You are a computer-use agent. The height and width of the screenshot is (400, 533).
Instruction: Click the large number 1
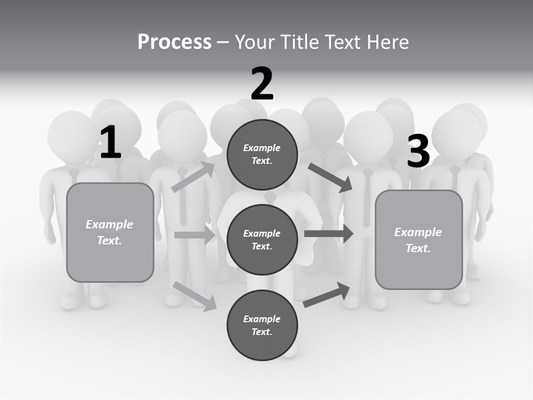point(110,142)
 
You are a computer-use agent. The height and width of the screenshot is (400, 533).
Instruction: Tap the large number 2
point(262,84)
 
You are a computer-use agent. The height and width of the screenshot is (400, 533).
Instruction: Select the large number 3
point(418,151)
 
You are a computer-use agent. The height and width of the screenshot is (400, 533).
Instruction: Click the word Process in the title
point(174,42)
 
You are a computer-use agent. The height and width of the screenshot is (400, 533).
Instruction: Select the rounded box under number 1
point(110,232)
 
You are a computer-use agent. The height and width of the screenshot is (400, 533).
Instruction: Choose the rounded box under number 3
point(419,239)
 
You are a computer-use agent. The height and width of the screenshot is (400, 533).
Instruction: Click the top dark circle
point(262,154)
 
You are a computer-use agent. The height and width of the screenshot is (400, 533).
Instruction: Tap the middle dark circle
point(262,239)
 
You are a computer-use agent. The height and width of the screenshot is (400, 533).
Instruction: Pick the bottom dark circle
point(262,325)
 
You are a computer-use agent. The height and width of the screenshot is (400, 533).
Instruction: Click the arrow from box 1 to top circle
point(193,177)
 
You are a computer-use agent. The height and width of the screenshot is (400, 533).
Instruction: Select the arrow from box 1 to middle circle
point(195,235)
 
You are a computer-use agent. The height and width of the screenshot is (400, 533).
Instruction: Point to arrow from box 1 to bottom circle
point(195,296)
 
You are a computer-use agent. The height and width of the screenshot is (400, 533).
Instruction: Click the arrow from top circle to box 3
point(330,178)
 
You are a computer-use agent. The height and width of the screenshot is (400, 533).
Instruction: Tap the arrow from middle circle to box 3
point(329,234)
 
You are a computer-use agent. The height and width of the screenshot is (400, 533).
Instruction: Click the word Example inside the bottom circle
point(262,319)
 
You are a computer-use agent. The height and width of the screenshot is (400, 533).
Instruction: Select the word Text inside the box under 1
point(109,241)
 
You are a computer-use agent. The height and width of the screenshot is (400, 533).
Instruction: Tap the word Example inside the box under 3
point(418,232)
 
